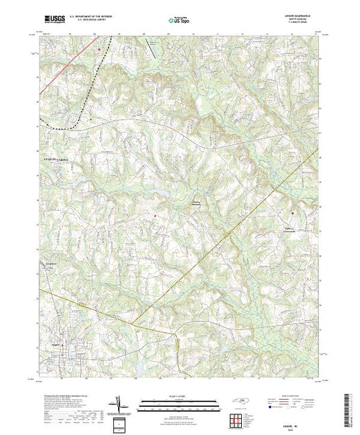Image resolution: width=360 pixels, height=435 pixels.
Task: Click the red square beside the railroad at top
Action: click(x=100, y=49)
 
